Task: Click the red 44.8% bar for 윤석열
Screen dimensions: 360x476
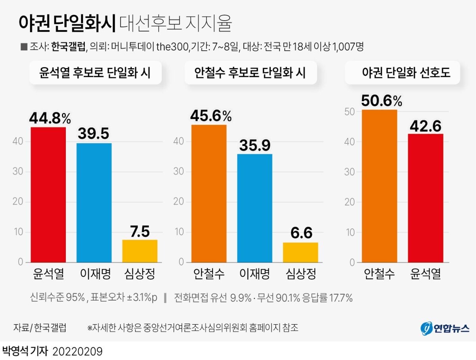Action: pos(48,195)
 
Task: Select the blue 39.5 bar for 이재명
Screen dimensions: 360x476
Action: pos(94,203)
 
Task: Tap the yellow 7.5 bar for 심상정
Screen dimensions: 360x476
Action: pos(140,251)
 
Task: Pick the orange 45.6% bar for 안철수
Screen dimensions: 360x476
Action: pos(209,193)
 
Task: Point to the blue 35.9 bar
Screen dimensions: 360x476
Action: pos(255,208)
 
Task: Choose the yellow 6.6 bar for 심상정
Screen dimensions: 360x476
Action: pos(300,252)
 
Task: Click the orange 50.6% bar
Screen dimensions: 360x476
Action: pos(380,186)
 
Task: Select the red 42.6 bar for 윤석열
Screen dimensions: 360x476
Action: pos(426,198)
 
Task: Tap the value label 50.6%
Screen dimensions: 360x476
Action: pos(382,101)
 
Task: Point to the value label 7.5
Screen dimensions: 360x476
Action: pos(140,232)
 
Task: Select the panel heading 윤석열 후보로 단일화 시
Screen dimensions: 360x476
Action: pos(95,73)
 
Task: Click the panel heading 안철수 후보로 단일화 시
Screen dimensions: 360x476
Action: pos(250,73)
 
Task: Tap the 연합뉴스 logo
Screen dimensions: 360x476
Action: pos(445,328)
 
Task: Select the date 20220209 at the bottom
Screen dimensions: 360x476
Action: pos(77,351)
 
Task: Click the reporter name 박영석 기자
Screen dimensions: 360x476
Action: pos(25,351)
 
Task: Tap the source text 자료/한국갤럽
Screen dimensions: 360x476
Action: pos(40,328)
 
